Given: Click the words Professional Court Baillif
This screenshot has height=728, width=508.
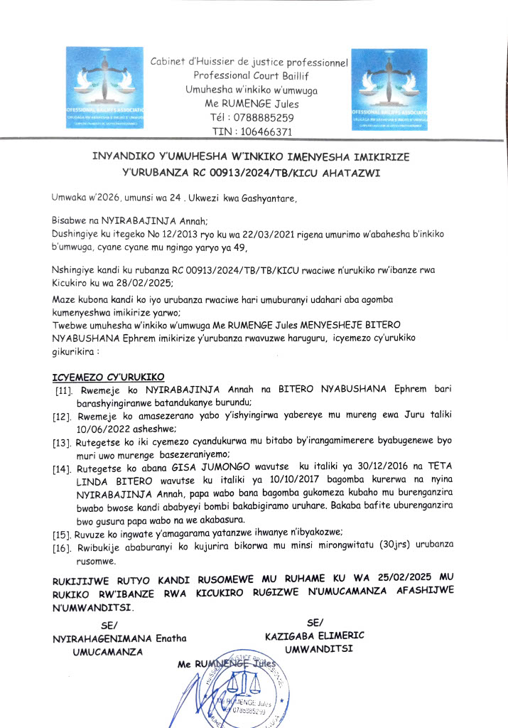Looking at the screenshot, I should pos(248,75).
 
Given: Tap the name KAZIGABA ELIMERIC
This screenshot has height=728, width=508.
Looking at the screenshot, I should pos(314,636).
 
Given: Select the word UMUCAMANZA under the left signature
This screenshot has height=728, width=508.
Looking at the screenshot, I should pos(109,651).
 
